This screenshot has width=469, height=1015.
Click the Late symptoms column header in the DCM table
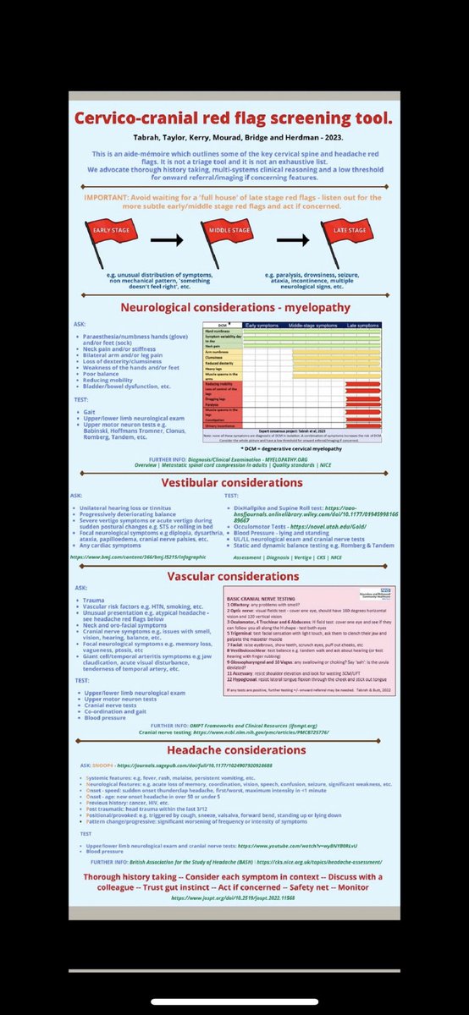(363, 326)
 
